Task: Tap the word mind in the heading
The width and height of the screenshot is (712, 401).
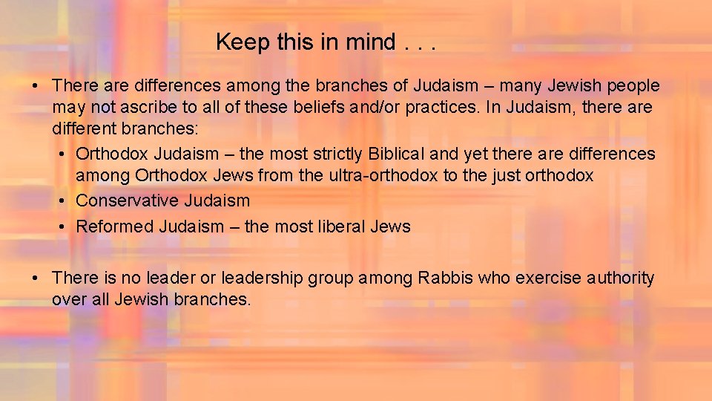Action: (369, 42)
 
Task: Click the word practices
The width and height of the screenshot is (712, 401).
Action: (438, 108)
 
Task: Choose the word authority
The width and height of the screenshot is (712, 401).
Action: (620, 278)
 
